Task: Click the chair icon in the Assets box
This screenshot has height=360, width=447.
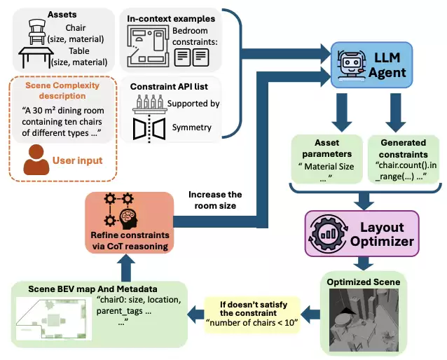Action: coord(37,32)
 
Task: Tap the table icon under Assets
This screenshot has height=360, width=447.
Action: coord(36,57)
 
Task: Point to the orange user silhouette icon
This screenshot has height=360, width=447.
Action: coord(36,160)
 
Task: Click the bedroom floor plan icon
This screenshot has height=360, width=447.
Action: coord(147,46)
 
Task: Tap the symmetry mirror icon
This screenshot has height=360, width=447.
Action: coord(149,129)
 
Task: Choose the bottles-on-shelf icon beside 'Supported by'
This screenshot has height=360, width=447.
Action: coord(150,104)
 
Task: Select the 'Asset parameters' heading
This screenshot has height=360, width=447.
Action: coord(326,148)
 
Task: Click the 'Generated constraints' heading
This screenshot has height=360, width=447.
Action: coord(403,148)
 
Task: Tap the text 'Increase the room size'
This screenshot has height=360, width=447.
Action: coord(215,200)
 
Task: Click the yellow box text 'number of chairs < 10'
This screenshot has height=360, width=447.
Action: coord(252,323)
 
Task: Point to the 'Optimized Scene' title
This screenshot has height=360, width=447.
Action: coord(364,282)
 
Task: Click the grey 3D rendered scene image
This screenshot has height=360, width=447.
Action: coord(364,320)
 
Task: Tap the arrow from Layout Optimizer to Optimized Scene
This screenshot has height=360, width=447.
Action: coord(363,263)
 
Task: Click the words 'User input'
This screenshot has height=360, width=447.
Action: coord(77,160)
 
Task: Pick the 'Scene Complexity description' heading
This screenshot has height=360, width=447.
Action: coord(62,90)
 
